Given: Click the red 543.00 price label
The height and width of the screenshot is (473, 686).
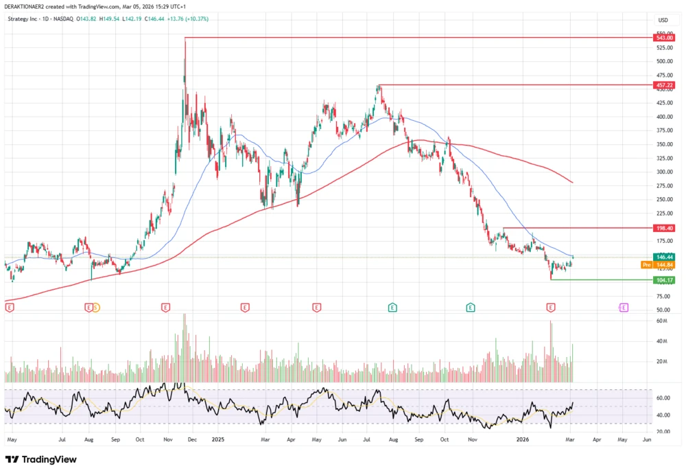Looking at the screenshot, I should [x=663, y=38].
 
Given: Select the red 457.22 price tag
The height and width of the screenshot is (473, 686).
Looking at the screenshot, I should [x=663, y=85].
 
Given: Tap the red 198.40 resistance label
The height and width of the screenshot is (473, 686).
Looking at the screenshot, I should [x=663, y=227].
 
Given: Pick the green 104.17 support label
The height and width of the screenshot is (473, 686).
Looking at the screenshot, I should [x=663, y=279].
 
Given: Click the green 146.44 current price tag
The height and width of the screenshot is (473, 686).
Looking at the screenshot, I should [x=663, y=257].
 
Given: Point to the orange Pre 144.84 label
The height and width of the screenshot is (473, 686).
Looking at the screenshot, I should [x=658, y=264].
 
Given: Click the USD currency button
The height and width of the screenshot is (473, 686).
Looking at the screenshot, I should [x=663, y=20].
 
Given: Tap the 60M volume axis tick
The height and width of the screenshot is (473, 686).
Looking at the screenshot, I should [x=661, y=321].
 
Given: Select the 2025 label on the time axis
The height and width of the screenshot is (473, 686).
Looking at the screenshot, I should [x=218, y=438].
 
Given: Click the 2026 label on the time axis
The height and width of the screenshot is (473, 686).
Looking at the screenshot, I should [x=523, y=438].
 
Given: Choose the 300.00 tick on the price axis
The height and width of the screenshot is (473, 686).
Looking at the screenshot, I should [x=663, y=172].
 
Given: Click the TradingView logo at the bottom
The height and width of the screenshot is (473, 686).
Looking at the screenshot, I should [x=41, y=459].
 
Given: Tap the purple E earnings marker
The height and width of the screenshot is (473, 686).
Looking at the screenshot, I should [x=624, y=308].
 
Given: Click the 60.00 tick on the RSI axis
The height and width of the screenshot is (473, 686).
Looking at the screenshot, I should [x=663, y=398].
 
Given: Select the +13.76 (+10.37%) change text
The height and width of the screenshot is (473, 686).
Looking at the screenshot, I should [x=187, y=19].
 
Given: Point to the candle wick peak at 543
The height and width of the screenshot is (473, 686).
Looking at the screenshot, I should [x=185, y=38].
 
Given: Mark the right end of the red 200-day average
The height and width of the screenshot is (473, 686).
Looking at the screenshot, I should [x=572, y=182].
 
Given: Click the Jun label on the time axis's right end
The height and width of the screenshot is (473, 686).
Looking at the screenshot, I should [x=646, y=438].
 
